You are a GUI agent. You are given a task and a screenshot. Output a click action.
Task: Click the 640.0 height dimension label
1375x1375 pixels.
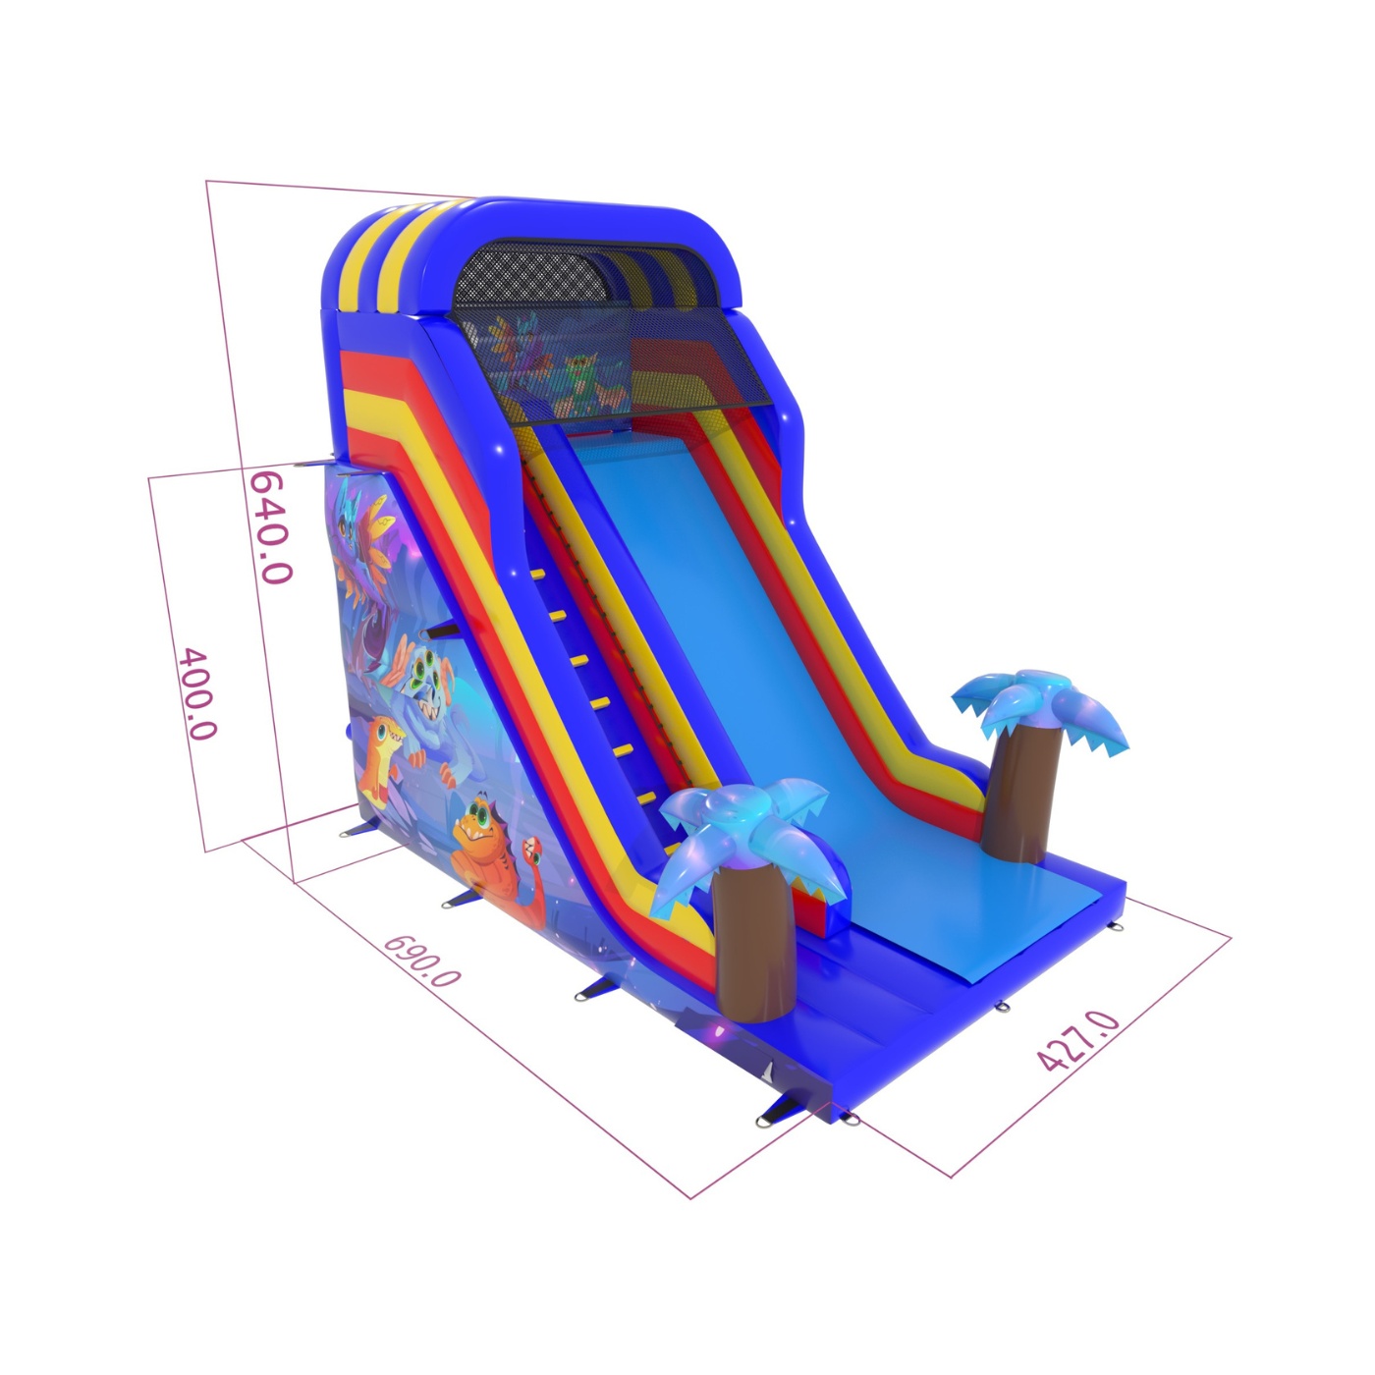270,527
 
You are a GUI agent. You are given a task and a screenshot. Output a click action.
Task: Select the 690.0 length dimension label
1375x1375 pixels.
421,962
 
